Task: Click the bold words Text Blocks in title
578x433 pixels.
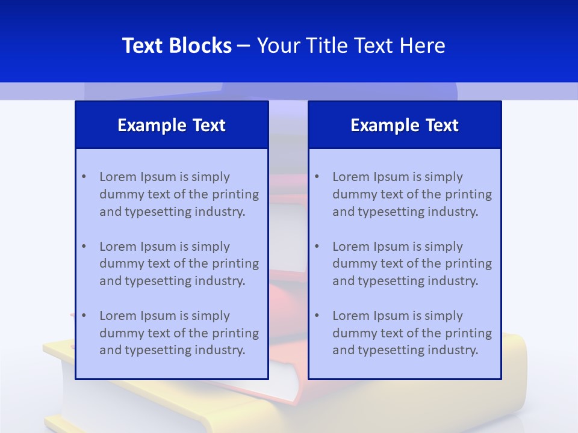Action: point(176,46)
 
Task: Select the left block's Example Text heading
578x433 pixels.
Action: point(172,125)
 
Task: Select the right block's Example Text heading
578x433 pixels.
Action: point(405,125)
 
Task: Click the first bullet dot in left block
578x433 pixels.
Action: point(84,177)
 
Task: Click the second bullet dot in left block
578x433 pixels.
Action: point(84,247)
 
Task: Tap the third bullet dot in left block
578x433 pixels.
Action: point(84,316)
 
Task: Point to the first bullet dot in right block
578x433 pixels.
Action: point(317,177)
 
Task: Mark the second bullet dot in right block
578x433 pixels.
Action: point(317,247)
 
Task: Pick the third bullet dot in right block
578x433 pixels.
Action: point(317,316)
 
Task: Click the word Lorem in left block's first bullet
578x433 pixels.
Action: point(117,177)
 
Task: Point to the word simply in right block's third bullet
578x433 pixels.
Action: point(444,316)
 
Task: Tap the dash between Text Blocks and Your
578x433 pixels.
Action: point(244,46)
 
